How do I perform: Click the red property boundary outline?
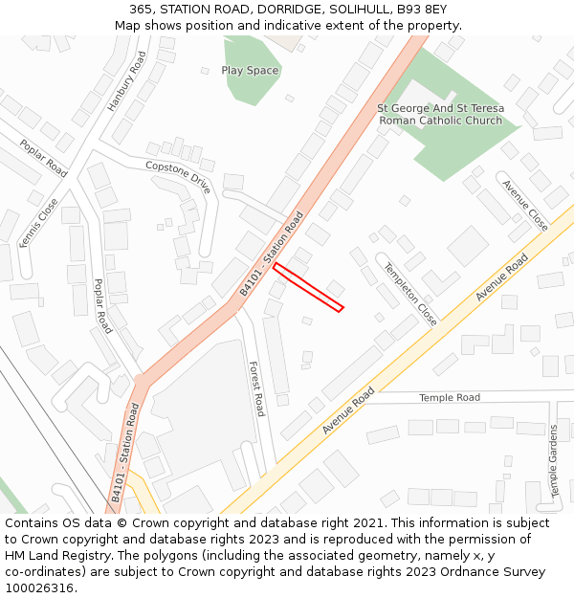pyautogui.click(x=308, y=288)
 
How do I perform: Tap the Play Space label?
pyautogui.click(x=250, y=71)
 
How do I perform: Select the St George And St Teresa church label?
pyautogui.click(x=440, y=115)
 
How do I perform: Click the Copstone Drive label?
pyautogui.click(x=177, y=178)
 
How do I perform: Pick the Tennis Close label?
pyautogui.click(x=39, y=223)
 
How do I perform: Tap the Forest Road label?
pyautogui.click(x=256, y=388)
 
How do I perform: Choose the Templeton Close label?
pyautogui.click(x=410, y=295)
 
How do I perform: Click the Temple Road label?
pyautogui.click(x=450, y=397)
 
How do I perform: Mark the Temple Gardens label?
pyautogui.click(x=554, y=461)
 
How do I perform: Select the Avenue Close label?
pyautogui.click(x=525, y=206)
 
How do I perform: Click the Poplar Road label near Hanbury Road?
pyautogui.click(x=44, y=158)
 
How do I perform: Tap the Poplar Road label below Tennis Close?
pyautogui.click(x=102, y=306)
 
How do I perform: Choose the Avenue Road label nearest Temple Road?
pyautogui.click(x=348, y=410)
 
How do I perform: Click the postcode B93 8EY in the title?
pyautogui.click(x=412, y=9)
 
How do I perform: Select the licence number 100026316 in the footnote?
pyautogui.click(x=40, y=587)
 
